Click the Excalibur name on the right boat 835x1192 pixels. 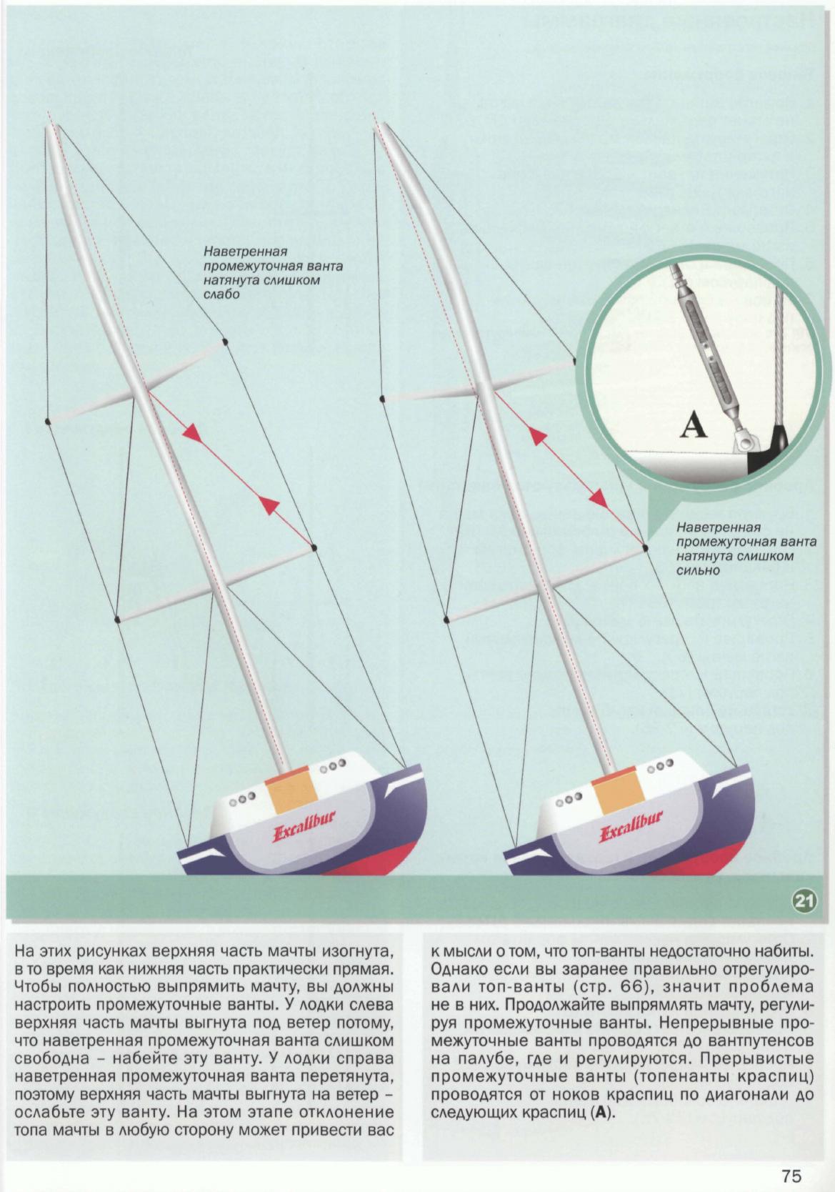tap(631, 828)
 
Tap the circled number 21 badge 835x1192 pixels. tap(805, 901)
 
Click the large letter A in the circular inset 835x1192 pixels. tap(693, 426)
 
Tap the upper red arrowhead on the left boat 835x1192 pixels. tap(191, 432)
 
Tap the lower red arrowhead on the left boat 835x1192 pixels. tap(268, 505)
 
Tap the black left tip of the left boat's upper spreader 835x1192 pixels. tap(48, 422)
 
